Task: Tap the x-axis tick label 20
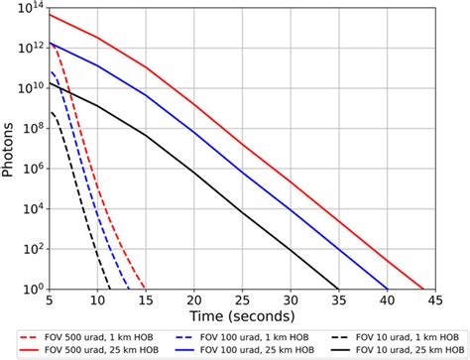coord(194,300)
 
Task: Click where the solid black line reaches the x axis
coord(338,289)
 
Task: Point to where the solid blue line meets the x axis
coord(387,289)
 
